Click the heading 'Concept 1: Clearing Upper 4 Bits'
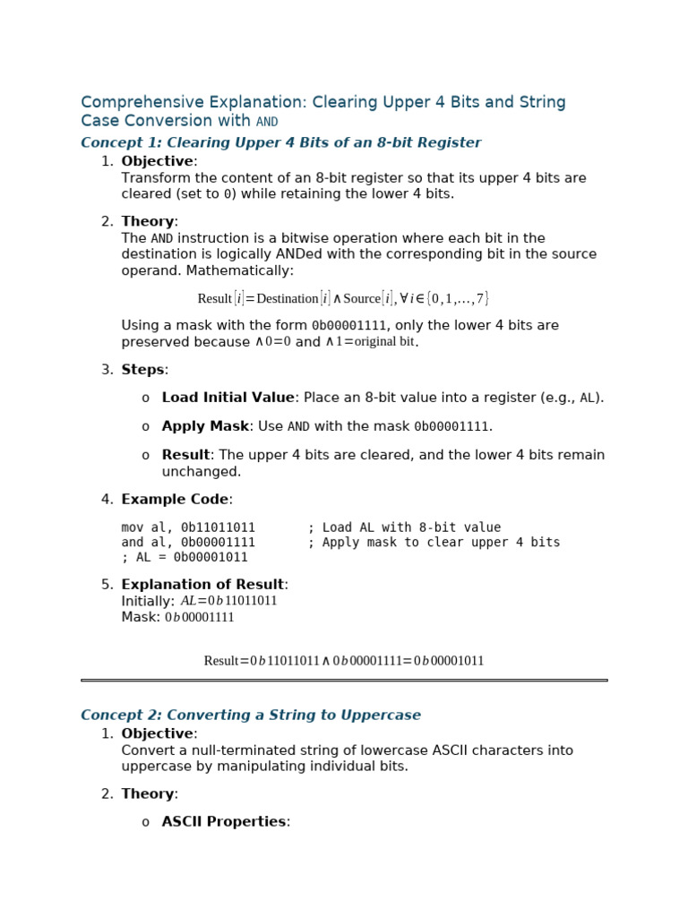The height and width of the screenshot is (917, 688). pyautogui.click(x=280, y=143)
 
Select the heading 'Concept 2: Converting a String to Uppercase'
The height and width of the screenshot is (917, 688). pyautogui.click(x=250, y=716)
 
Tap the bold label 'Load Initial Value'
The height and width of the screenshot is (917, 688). pyautogui.click(x=228, y=398)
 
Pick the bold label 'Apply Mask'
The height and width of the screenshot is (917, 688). pyautogui.click(x=204, y=426)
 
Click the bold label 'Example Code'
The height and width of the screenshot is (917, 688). pyautogui.click(x=175, y=500)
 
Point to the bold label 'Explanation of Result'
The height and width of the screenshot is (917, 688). pyautogui.click(x=202, y=585)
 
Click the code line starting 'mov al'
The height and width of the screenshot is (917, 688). pyautogui.click(x=188, y=527)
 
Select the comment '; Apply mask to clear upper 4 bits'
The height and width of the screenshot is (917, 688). pyautogui.click(x=434, y=543)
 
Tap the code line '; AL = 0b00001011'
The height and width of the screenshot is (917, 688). pyautogui.click(x=185, y=557)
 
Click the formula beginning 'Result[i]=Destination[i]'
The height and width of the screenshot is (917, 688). pyautogui.click(x=343, y=298)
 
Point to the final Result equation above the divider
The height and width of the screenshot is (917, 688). pyautogui.click(x=343, y=661)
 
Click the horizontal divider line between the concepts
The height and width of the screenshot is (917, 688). pyautogui.click(x=344, y=681)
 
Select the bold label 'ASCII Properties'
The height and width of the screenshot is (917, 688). pyautogui.click(x=224, y=822)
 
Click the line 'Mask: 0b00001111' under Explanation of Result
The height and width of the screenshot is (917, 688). pyautogui.click(x=177, y=617)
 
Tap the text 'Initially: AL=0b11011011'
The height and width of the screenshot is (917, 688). pyautogui.click(x=199, y=601)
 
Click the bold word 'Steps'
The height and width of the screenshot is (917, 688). pyautogui.click(x=143, y=370)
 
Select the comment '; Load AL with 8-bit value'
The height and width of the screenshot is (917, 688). pyautogui.click(x=404, y=527)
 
